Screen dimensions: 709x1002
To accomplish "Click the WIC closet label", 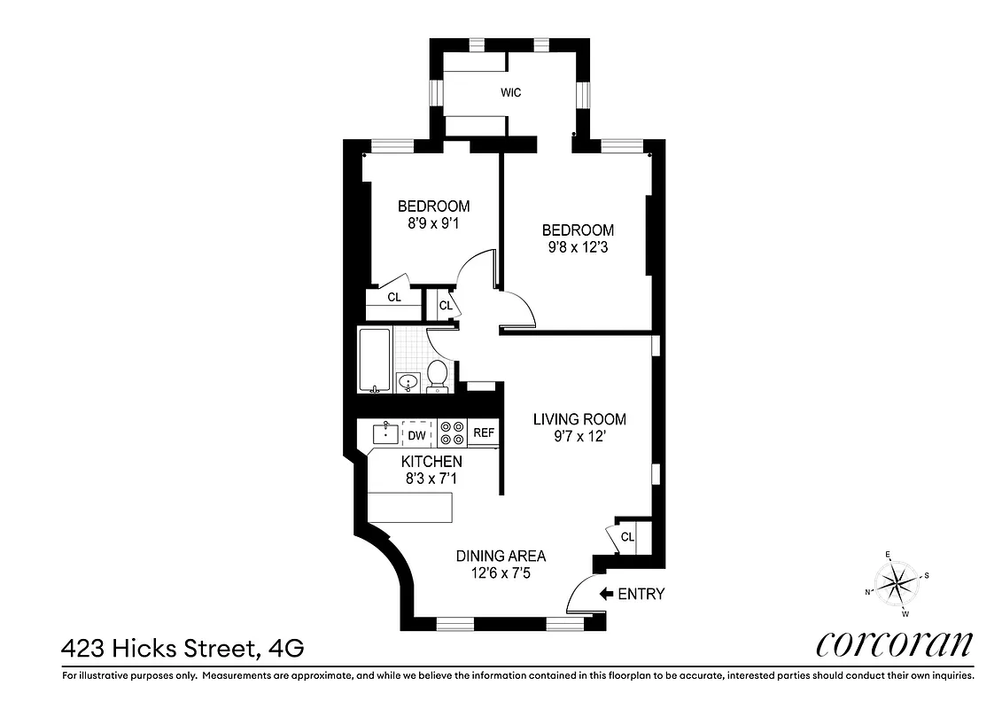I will coord(510,92).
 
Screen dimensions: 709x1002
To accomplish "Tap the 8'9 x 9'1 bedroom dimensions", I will coord(433,223).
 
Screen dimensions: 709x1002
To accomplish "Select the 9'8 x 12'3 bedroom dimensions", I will coord(578,247).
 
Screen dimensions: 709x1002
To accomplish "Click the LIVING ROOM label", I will coord(579,419).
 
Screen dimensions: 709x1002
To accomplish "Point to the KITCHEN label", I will coord(431,462).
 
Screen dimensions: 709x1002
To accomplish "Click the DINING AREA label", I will coord(501,556).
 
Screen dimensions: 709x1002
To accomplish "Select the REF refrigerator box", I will coord(483,433).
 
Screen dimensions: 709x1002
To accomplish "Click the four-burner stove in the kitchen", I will coord(452,432).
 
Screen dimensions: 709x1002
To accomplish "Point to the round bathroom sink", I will coord(408,383).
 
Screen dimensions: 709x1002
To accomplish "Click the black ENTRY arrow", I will coord(606,594).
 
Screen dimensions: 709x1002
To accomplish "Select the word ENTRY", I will coord(641,594).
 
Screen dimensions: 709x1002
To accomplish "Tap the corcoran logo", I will coord(894,644).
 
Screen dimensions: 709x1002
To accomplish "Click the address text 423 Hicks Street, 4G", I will coord(183,649).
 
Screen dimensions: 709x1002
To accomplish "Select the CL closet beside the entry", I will coord(627,537).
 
